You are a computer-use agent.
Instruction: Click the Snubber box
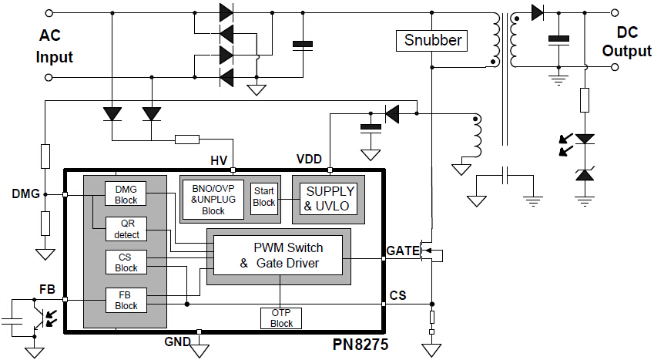coord(433,40)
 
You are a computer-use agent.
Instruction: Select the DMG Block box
coord(126,195)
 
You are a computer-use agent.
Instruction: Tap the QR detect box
coord(126,228)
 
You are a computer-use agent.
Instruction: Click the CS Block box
coord(126,262)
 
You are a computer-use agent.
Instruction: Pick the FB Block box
coord(126,300)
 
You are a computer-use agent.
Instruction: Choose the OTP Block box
coord(281,318)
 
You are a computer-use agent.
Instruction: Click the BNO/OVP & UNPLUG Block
coord(213,199)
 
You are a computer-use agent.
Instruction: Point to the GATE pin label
coord(402,251)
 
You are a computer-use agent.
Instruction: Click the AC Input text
coord(55,46)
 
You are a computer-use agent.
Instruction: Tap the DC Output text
coord(626,42)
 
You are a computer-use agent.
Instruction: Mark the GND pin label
coord(176,341)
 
